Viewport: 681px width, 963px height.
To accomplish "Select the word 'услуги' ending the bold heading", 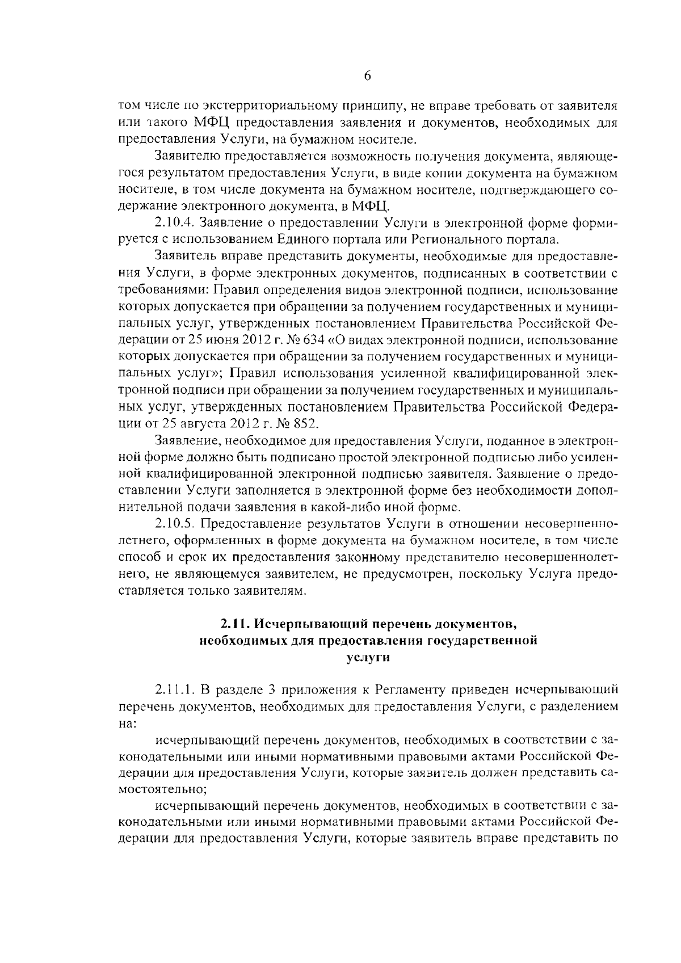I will click(368, 657).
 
